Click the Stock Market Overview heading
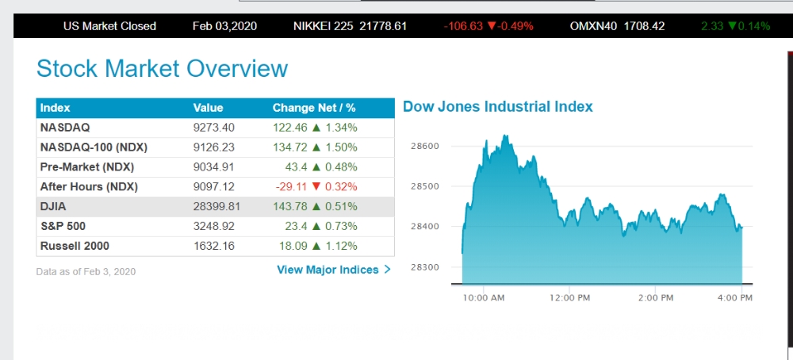coord(162,68)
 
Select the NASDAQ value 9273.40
coord(214,127)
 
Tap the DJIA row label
coord(54,206)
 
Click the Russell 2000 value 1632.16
coord(214,246)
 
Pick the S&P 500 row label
coord(61,226)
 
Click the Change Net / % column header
coord(314,108)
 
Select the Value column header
coord(208,108)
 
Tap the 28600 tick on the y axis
coord(425,147)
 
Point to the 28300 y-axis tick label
coord(425,267)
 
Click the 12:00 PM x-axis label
coord(569,297)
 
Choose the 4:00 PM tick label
coord(734,297)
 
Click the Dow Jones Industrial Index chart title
coord(497,106)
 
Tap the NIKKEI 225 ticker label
coord(324,26)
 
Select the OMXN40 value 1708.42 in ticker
coord(645,26)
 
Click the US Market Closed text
coord(109,26)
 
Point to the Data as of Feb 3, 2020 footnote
coord(86,271)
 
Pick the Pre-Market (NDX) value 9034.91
coord(214,167)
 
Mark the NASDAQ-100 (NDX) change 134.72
coord(290,147)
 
